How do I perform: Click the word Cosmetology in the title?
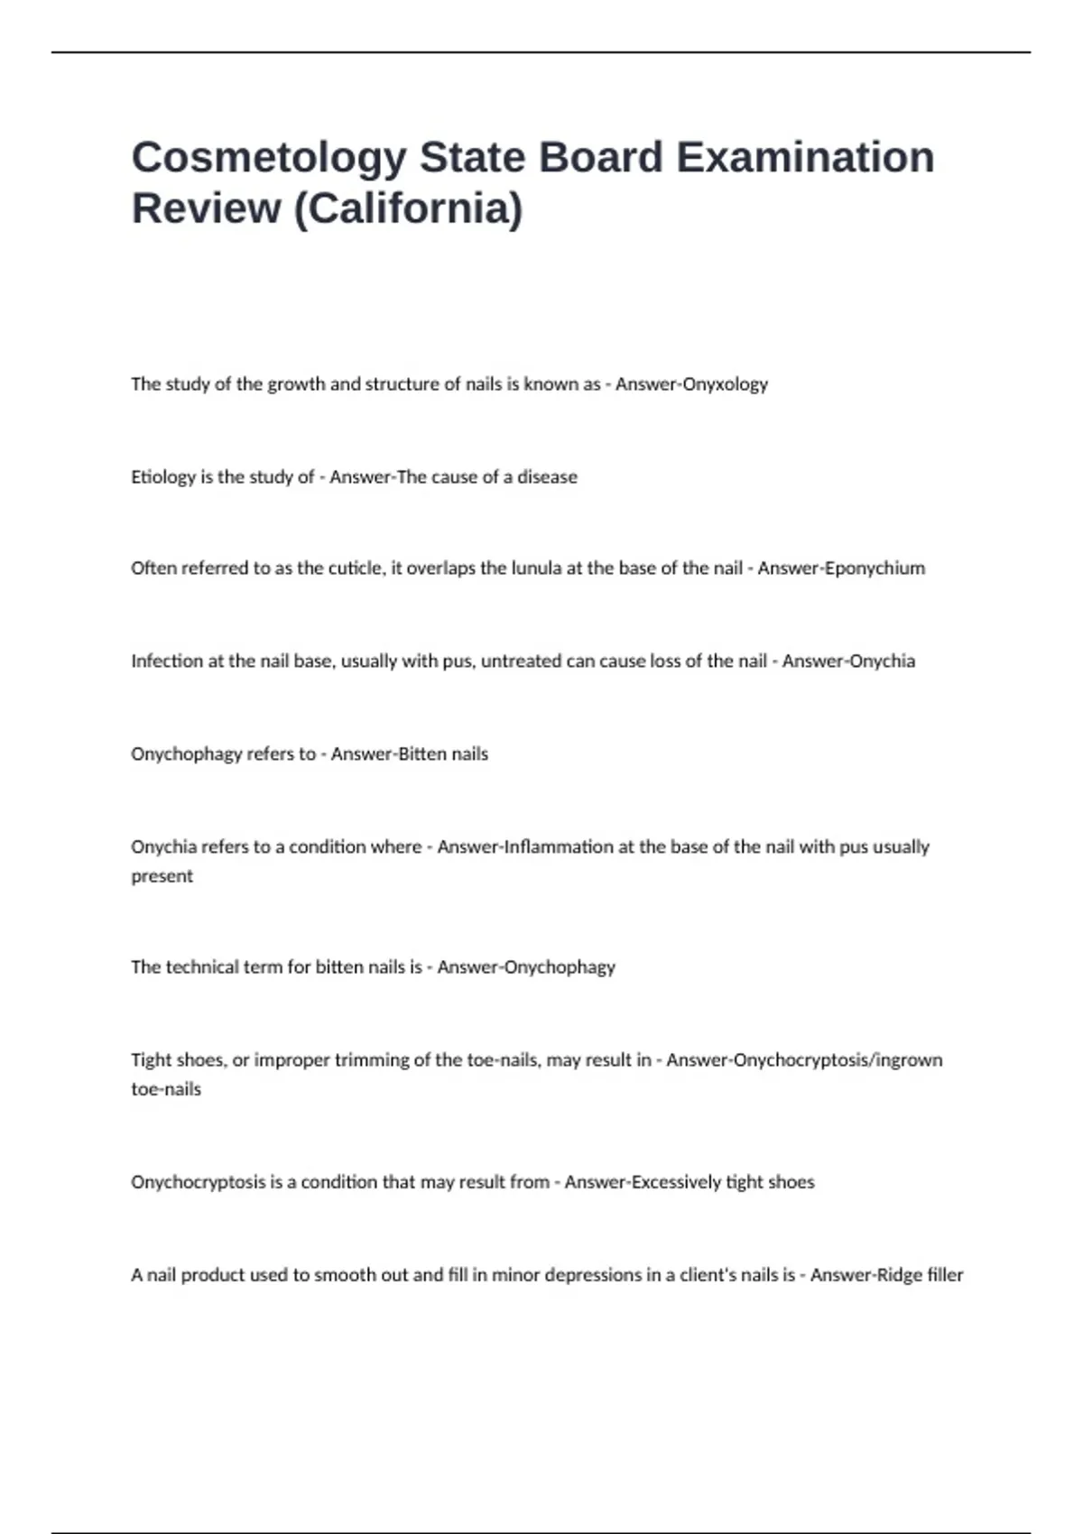(269, 158)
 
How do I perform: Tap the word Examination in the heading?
(805, 158)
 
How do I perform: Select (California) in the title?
(409, 208)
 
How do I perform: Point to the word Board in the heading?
(601, 158)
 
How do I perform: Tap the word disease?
(547, 477)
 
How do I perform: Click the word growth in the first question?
(296, 384)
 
